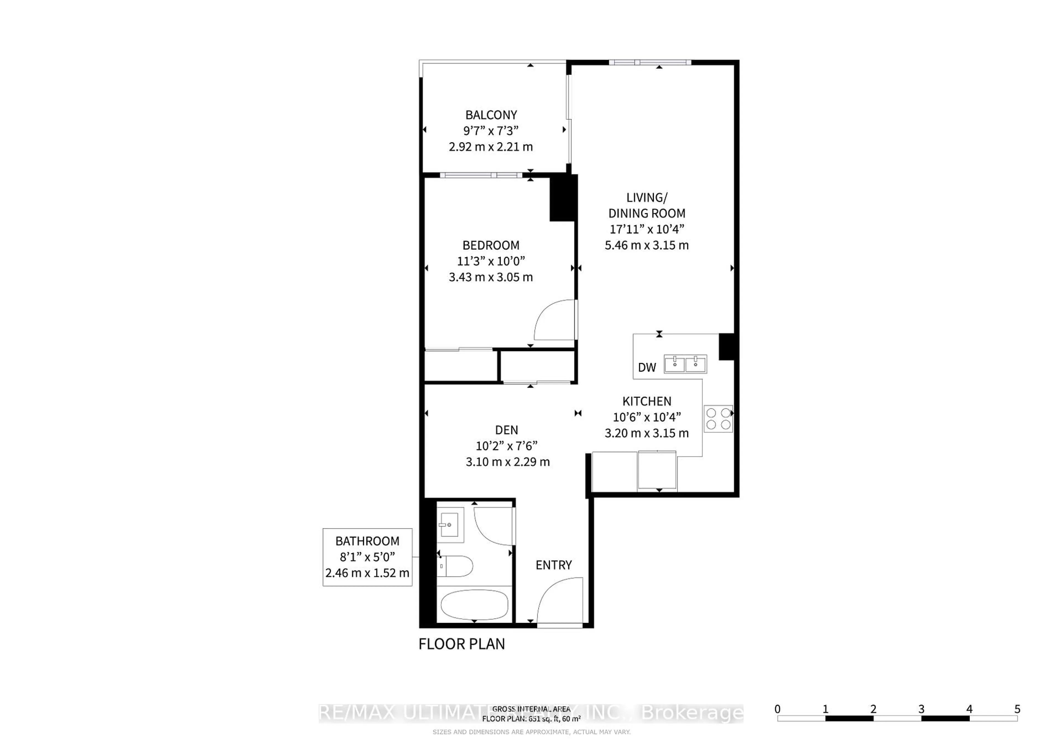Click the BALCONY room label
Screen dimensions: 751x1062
pyautogui.click(x=491, y=115)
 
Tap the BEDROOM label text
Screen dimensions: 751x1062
pyautogui.click(x=491, y=245)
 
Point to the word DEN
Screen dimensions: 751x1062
pyautogui.click(x=506, y=430)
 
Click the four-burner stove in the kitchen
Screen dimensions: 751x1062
pyautogui.click(x=718, y=419)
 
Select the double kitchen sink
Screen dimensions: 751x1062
pyautogui.click(x=685, y=364)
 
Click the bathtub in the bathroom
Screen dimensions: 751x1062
pyautogui.click(x=474, y=604)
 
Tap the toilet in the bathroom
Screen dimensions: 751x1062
pyautogui.click(x=455, y=566)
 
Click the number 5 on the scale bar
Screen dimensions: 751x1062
pyautogui.click(x=1017, y=709)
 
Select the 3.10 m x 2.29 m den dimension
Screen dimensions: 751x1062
pyautogui.click(x=507, y=461)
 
